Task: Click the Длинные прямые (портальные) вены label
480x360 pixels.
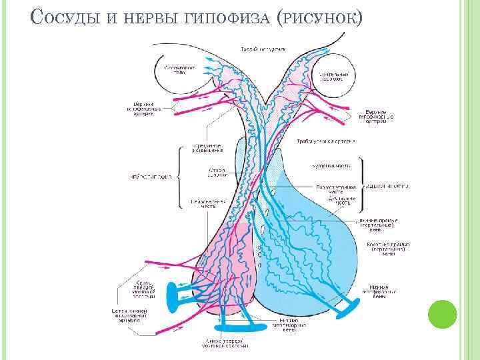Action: (x=377, y=225)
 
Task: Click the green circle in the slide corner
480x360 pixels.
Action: (x=441, y=313)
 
